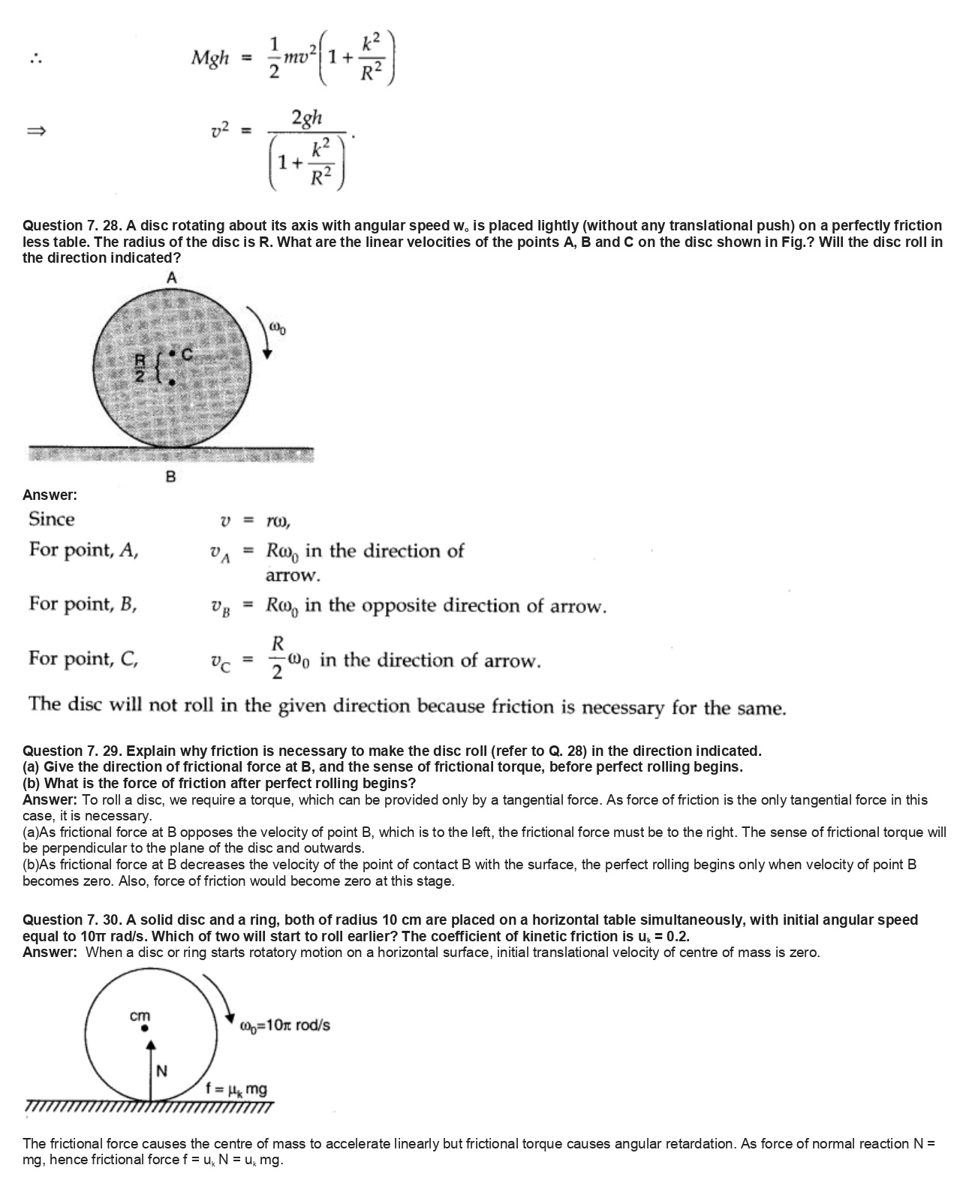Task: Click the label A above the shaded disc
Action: coord(172,278)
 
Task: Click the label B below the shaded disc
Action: coord(170,476)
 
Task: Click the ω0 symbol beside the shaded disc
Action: coord(277,328)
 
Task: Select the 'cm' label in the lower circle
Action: coord(140,1016)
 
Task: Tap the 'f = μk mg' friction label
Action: coord(236,1089)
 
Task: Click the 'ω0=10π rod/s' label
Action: coord(284,1025)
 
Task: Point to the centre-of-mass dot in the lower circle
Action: coord(145,1029)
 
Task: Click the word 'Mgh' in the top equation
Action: coord(210,57)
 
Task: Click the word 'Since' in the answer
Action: coord(52,519)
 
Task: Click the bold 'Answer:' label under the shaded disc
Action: coord(50,495)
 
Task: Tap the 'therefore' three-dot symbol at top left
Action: coord(35,59)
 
